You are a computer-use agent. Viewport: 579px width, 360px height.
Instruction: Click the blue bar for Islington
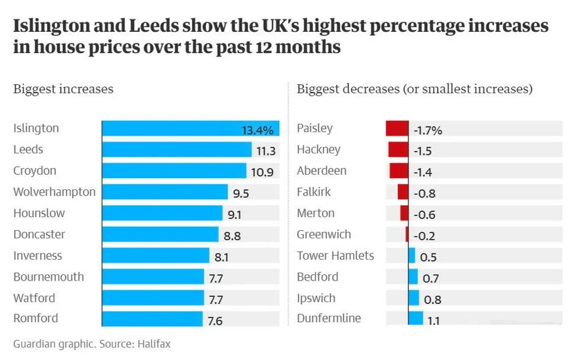point(190,129)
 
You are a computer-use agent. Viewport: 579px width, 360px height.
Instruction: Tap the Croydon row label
point(35,171)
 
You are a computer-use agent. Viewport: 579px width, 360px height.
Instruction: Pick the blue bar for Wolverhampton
point(164,192)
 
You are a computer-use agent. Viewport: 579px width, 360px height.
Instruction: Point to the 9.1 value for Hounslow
point(235,214)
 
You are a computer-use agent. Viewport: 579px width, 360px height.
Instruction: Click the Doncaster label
point(39,234)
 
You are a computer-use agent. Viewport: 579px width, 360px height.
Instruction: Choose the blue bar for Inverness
point(155,256)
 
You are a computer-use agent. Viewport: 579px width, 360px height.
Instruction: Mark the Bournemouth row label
point(48,277)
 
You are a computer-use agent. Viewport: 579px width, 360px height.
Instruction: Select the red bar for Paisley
point(397,129)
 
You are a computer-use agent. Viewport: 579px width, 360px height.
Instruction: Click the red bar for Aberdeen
point(399,171)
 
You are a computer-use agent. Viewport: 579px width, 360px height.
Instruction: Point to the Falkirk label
point(314,192)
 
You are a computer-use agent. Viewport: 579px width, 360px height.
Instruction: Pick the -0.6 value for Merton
point(424,214)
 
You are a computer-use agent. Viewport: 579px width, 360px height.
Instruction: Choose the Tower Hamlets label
point(335,256)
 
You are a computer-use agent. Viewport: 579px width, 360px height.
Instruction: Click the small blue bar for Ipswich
point(413,299)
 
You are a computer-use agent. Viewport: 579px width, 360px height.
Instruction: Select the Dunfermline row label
point(329,319)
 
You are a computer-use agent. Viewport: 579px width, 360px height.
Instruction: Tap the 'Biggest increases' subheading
point(64,89)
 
